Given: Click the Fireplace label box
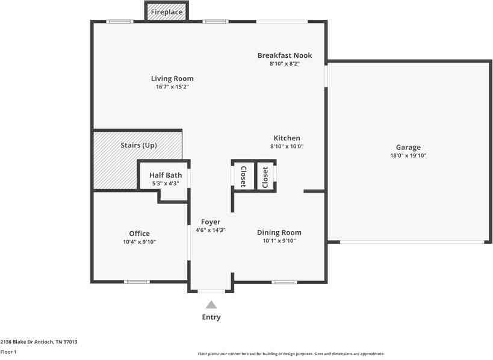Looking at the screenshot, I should pos(167,11).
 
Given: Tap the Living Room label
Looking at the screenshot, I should pos(172,78).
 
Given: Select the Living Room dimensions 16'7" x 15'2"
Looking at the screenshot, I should pos(172,87).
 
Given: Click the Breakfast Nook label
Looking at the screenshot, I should pos(285,55).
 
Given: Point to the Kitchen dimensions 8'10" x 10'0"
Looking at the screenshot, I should pos(287,146).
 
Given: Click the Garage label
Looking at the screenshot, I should pos(408,147).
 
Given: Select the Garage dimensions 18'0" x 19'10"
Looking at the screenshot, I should pos(408,155).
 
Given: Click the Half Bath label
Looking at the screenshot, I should pos(166,175).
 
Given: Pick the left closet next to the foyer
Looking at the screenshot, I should pos(243,176).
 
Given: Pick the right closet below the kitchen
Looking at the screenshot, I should pos(265,176).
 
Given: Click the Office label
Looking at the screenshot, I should pos(139,234).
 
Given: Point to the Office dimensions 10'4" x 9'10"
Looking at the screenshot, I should pos(139,241).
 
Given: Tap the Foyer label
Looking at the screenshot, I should pos(211,222).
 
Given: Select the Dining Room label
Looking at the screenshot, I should pos(279,232).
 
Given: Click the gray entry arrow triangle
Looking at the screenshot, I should pos(211,305).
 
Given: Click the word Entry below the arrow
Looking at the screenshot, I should pos(211,317).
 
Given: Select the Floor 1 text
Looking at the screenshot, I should pos(8,352).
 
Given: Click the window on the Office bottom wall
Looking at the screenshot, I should pos(137,282).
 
